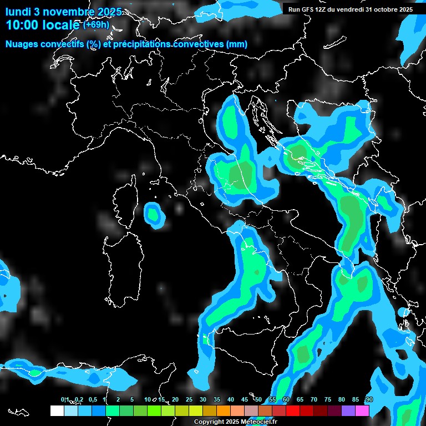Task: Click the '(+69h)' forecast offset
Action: click(x=96, y=25)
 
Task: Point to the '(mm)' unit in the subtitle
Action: click(x=236, y=44)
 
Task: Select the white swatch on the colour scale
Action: click(x=57, y=410)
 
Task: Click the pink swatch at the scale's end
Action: click(x=362, y=410)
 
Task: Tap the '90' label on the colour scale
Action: click(x=369, y=399)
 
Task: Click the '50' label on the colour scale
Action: click(x=258, y=399)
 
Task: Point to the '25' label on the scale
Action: click(x=189, y=399)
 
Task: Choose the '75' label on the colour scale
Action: click(x=327, y=399)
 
